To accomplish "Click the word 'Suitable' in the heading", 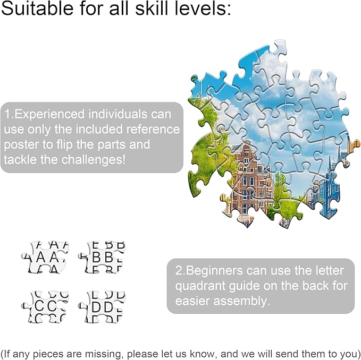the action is point(37,8).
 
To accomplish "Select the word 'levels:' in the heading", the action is point(203,8).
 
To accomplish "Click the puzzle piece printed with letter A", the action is point(45,257).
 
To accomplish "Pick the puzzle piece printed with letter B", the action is point(102,257).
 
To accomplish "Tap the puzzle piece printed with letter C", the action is point(45,307).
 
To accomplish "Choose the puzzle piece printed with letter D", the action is point(102,307).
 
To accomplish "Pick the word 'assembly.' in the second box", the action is point(241,301).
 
